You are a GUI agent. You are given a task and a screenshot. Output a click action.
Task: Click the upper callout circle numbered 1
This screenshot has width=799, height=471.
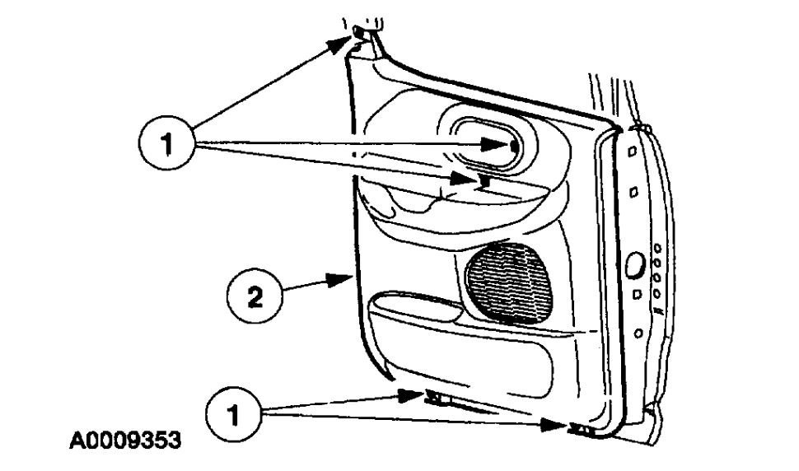tap(167, 145)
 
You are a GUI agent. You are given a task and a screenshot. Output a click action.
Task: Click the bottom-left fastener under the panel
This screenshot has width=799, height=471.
tap(436, 399)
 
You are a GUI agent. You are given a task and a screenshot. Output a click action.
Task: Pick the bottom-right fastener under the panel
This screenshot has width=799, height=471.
tap(582, 428)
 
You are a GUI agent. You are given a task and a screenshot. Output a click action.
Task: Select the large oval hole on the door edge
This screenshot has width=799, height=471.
tap(636, 265)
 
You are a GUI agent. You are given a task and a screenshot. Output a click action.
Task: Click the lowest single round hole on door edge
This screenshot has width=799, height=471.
tap(639, 333)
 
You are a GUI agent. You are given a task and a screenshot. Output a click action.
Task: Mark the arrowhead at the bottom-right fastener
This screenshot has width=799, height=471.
tap(559, 425)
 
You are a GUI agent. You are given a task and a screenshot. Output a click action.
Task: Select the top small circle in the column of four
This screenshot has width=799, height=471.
tap(658, 248)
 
